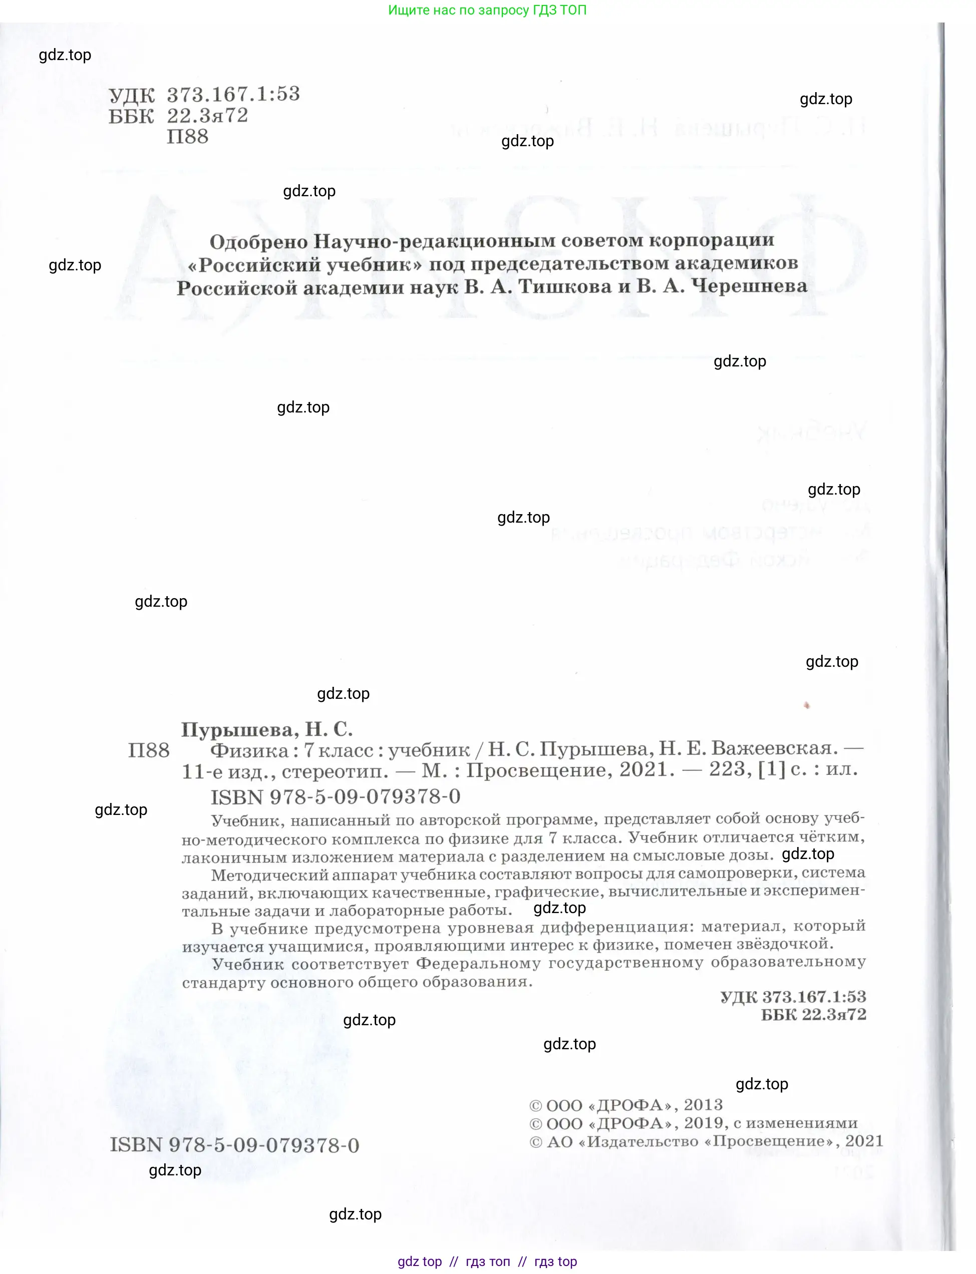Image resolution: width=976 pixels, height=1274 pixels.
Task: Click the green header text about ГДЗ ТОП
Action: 487,10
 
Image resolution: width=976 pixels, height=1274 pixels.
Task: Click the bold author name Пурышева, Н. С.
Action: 266,729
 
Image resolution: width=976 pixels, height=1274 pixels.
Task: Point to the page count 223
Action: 727,769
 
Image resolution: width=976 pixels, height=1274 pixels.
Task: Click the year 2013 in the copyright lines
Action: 703,1104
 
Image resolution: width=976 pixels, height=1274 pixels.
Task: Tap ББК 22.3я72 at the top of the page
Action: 178,116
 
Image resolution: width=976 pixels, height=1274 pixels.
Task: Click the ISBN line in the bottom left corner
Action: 234,1145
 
